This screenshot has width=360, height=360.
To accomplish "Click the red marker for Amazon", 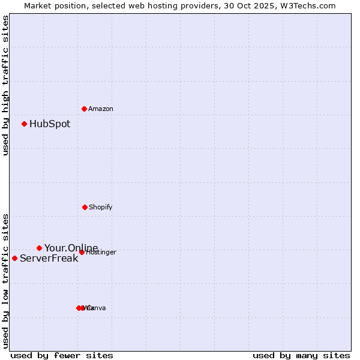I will [84, 109].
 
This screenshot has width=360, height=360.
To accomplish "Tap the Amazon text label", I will [101, 109].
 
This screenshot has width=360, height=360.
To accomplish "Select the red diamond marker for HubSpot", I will [25, 124].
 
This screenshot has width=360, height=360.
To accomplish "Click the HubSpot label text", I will [50, 124].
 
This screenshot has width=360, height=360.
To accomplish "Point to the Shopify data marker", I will [85, 207].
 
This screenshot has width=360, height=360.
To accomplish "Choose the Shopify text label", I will [101, 208].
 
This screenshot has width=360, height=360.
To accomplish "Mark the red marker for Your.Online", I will [40, 248].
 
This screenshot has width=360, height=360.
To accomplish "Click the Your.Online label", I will [71, 248].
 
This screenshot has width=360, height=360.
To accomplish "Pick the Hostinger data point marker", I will [82, 252].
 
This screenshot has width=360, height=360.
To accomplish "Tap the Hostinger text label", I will [101, 253].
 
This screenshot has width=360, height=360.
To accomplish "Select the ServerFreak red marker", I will [15, 258].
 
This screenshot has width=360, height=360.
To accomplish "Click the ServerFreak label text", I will [49, 259].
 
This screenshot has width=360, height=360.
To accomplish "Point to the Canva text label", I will [97, 308].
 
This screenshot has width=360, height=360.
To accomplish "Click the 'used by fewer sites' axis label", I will [62, 356].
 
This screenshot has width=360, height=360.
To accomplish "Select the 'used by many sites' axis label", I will [301, 356].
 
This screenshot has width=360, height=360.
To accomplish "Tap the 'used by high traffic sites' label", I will [5, 85].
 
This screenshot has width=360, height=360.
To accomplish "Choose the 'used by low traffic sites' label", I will [5, 280].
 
